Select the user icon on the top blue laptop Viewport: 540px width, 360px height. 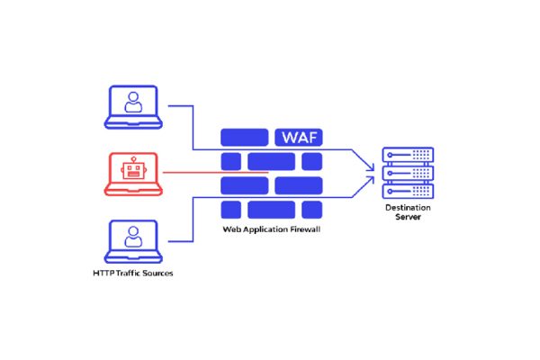133,103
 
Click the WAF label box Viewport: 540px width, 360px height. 298,138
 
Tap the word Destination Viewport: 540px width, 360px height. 408,208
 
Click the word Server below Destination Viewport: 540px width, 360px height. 408,218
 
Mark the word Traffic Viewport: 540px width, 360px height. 130,273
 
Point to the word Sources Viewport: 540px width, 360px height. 161,273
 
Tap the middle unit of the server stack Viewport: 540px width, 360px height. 408,173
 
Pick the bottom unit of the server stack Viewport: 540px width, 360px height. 408,190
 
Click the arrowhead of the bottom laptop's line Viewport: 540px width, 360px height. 370,178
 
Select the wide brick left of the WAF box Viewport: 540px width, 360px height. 244,138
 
